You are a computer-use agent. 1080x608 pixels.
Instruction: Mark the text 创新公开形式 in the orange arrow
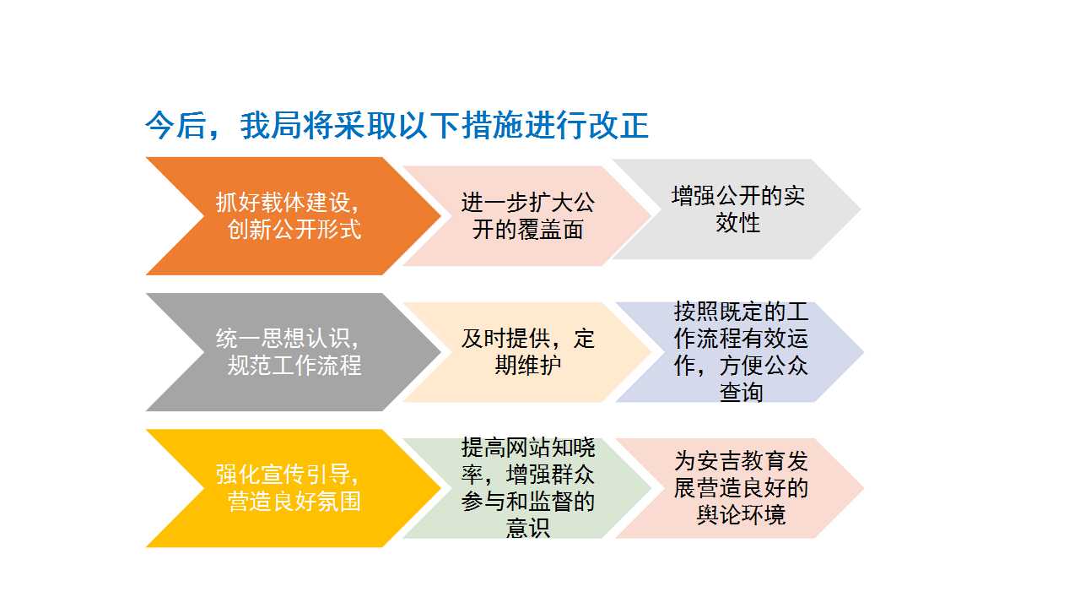click(294, 229)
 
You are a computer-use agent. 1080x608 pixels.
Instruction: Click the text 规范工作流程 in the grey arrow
click(294, 366)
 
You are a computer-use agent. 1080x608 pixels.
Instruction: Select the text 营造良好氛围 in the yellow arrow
click(294, 502)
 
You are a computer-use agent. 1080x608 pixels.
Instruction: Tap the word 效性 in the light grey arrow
click(737, 222)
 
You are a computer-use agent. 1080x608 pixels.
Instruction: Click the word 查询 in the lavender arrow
click(741, 392)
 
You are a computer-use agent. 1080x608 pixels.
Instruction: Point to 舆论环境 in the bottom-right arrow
click(741, 515)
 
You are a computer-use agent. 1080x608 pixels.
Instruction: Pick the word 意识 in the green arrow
click(528, 528)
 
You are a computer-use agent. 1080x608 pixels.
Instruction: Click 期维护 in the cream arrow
click(528, 366)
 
